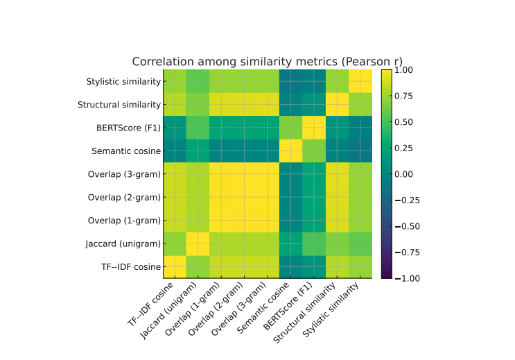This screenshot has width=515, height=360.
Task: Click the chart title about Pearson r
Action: pyautogui.click(x=267, y=61)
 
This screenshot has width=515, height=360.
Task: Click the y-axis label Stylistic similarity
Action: pyautogui.click(x=123, y=81)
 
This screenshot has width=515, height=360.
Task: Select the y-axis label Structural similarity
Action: pyautogui.click(x=119, y=105)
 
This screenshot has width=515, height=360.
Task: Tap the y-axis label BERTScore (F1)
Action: pyautogui.click(x=128, y=128)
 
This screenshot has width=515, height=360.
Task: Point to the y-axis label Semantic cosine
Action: pyautogui.click(x=126, y=151)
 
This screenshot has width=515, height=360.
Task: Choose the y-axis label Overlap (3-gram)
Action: pyautogui.click(x=124, y=174)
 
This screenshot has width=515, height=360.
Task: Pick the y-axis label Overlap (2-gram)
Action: pyautogui.click(x=124, y=197)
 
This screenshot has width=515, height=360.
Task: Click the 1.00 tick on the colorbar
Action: pyautogui.click(x=405, y=70)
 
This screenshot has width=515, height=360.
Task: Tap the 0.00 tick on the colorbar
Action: pyautogui.click(x=405, y=174)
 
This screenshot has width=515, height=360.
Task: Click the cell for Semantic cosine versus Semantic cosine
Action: pyautogui.click(x=290, y=151)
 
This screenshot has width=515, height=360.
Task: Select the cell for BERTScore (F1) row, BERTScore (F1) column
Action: pyautogui.click(x=313, y=128)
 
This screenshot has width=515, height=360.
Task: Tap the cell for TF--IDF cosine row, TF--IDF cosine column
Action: pyautogui.click(x=175, y=266)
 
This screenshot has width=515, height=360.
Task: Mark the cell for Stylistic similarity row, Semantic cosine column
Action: pyautogui.click(x=290, y=81)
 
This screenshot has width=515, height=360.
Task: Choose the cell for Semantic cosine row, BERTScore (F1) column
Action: pyautogui.click(x=313, y=151)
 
